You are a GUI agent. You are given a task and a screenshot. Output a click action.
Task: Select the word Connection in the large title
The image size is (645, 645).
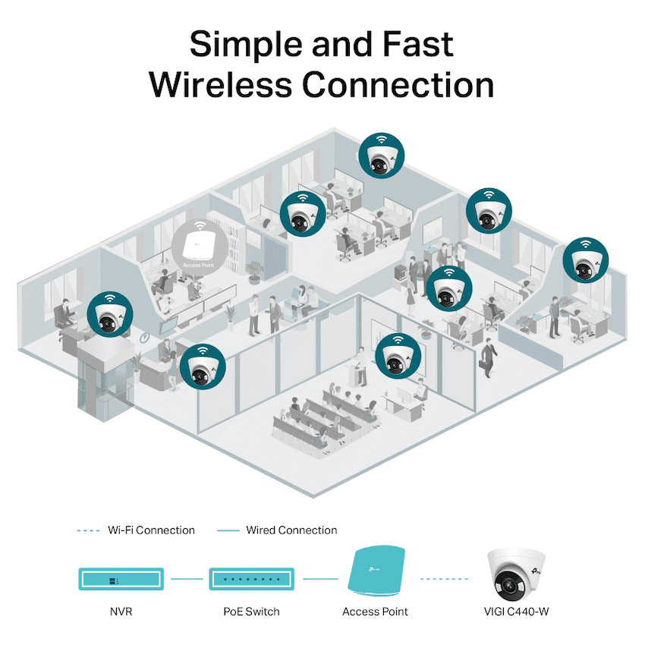pyautogui.click(x=399, y=85)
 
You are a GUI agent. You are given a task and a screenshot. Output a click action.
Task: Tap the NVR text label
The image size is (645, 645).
pyautogui.click(x=120, y=612)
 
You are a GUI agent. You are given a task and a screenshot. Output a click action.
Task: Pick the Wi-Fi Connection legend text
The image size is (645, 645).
pyautogui.click(x=151, y=530)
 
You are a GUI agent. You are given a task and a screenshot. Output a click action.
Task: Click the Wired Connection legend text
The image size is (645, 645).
pyautogui.click(x=291, y=530)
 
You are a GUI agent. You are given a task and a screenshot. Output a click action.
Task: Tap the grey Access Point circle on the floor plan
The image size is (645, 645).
pyautogui.click(x=197, y=243)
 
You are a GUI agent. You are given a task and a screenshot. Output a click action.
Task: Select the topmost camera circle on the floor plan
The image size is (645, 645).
pyautogui.click(x=382, y=155)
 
